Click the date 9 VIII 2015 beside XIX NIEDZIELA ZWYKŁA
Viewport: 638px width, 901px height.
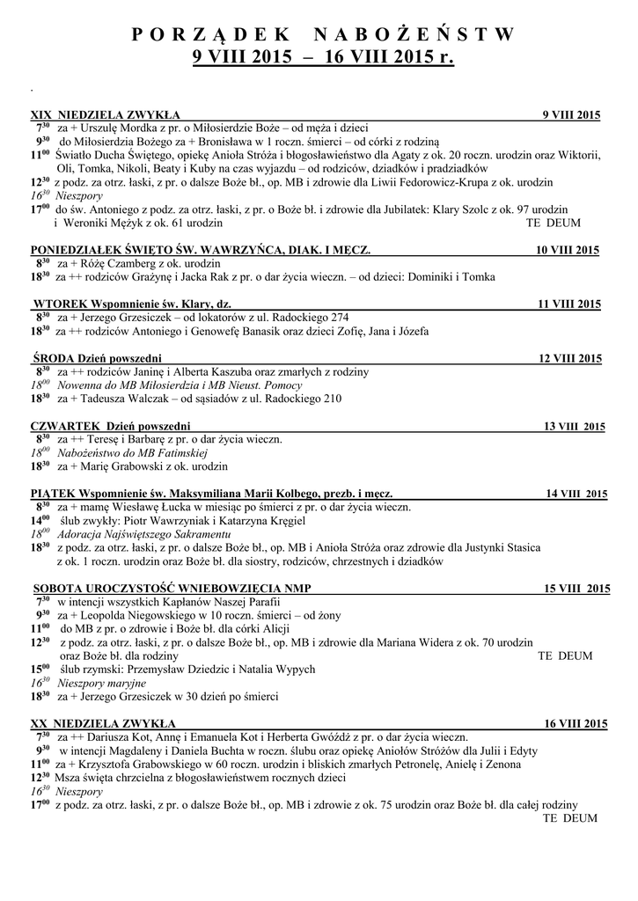571,115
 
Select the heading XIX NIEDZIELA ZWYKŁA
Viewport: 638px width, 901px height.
106,115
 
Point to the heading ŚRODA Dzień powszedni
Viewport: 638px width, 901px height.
97,359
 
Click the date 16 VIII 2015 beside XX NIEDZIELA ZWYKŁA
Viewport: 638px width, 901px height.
576,724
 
